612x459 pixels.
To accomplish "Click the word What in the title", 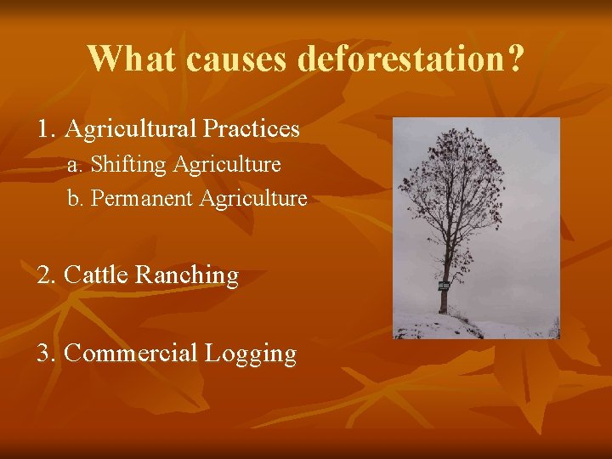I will click(x=132, y=59).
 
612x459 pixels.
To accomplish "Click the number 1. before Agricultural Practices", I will click(x=47, y=129).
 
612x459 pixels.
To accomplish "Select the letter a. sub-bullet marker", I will click(x=75, y=163).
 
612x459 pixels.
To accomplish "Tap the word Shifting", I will click(x=128, y=163).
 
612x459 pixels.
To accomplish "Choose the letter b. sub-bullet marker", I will click(x=76, y=198).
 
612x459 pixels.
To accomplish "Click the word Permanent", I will click(x=142, y=198).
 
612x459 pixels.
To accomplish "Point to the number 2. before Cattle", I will click(x=47, y=275).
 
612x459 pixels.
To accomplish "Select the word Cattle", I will click(x=96, y=275).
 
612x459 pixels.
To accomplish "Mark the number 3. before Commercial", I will click(x=47, y=353).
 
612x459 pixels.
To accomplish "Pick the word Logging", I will click(x=251, y=354).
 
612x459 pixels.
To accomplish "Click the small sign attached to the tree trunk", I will click(x=443, y=286).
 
